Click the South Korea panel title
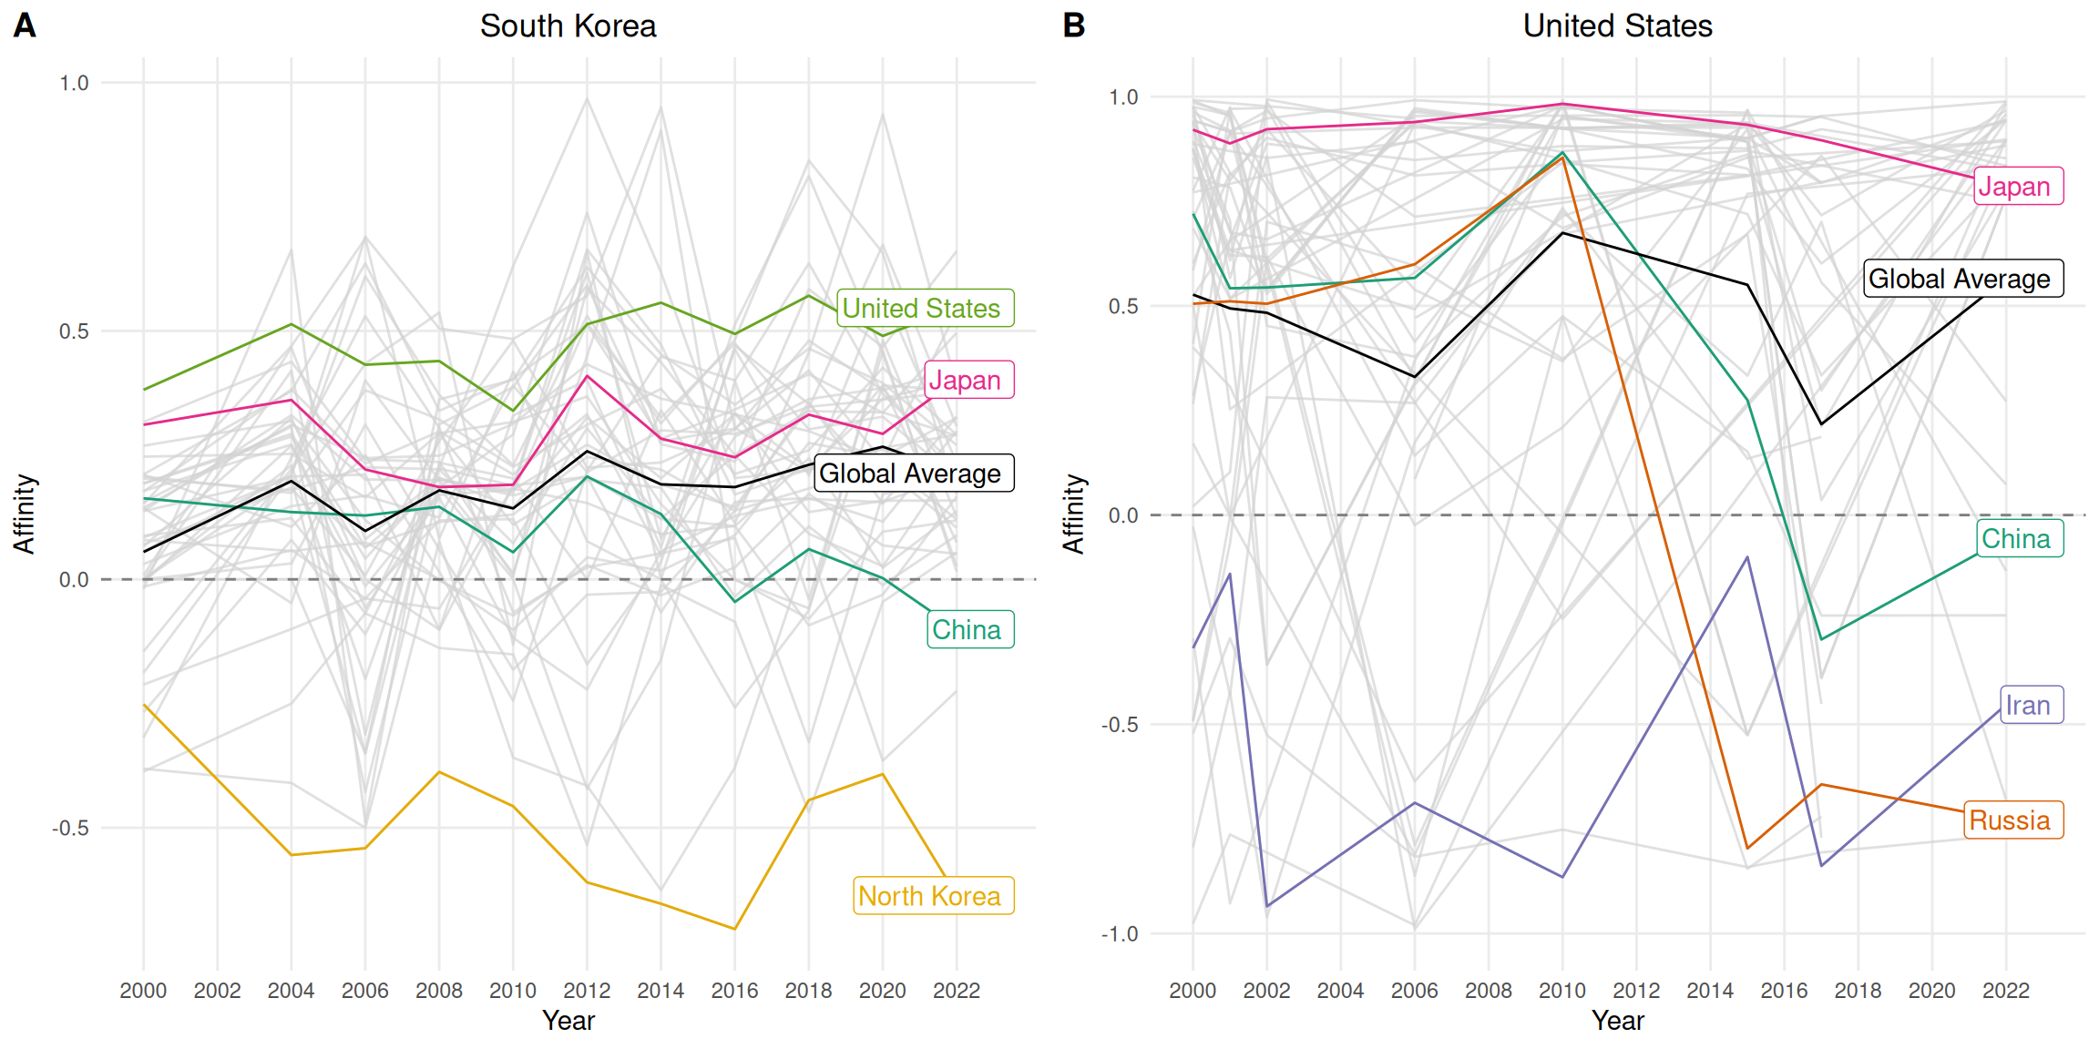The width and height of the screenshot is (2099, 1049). point(568,26)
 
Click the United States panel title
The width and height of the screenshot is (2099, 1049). point(1617,26)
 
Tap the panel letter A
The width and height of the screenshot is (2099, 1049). point(25,25)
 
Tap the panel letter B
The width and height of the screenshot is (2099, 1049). point(1074,25)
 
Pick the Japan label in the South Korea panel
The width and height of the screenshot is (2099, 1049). point(968,381)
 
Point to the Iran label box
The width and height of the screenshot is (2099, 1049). point(2031,705)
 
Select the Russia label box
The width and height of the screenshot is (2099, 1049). point(2012,820)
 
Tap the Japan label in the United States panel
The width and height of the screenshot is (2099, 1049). point(2017,187)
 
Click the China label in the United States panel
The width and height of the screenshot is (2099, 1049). point(2019,538)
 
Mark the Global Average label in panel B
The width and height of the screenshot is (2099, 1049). point(1962,279)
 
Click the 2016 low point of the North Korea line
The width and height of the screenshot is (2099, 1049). point(734,929)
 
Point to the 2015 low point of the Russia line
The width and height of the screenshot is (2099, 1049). point(1747,849)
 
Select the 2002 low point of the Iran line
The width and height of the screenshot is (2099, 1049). point(1266,907)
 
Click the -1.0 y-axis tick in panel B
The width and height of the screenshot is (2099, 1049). point(1120,934)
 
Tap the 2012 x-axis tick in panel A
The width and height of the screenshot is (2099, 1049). point(587,991)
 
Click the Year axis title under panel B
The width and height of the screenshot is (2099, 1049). point(1617,1021)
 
